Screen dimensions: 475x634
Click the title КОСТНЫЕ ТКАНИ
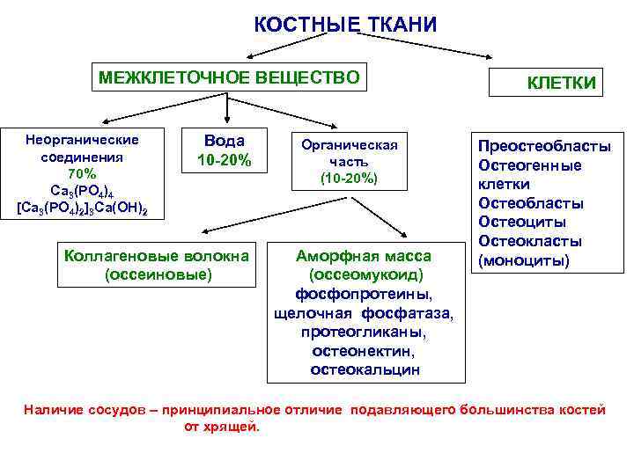pyautogui.click(x=344, y=24)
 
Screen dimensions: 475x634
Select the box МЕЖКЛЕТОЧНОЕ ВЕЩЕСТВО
pyautogui.click(x=229, y=78)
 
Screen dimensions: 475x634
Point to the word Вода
pyautogui.click(x=225, y=142)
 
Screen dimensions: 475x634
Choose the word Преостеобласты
pyautogui.click(x=544, y=147)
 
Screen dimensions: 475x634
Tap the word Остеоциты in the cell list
pyautogui.click(x=522, y=223)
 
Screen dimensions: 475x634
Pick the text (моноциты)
pyautogui.click(x=522, y=260)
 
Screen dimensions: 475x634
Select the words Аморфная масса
pyautogui.click(x=364, y=256)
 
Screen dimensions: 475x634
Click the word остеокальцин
pyautogui.click(x=365, y=369)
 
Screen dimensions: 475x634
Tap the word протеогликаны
pyautogui.click(x=364, y=332)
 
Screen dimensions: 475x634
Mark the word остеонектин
pyautogui.click(x=365, y=350)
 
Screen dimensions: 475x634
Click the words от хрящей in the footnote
pyautogui.click(x=221, y=427)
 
